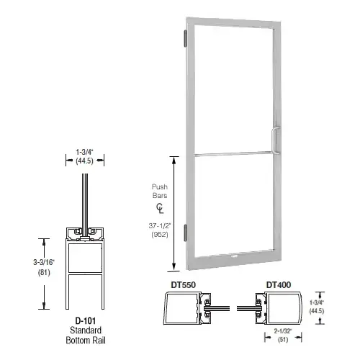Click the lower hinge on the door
[x=188, y=233]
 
